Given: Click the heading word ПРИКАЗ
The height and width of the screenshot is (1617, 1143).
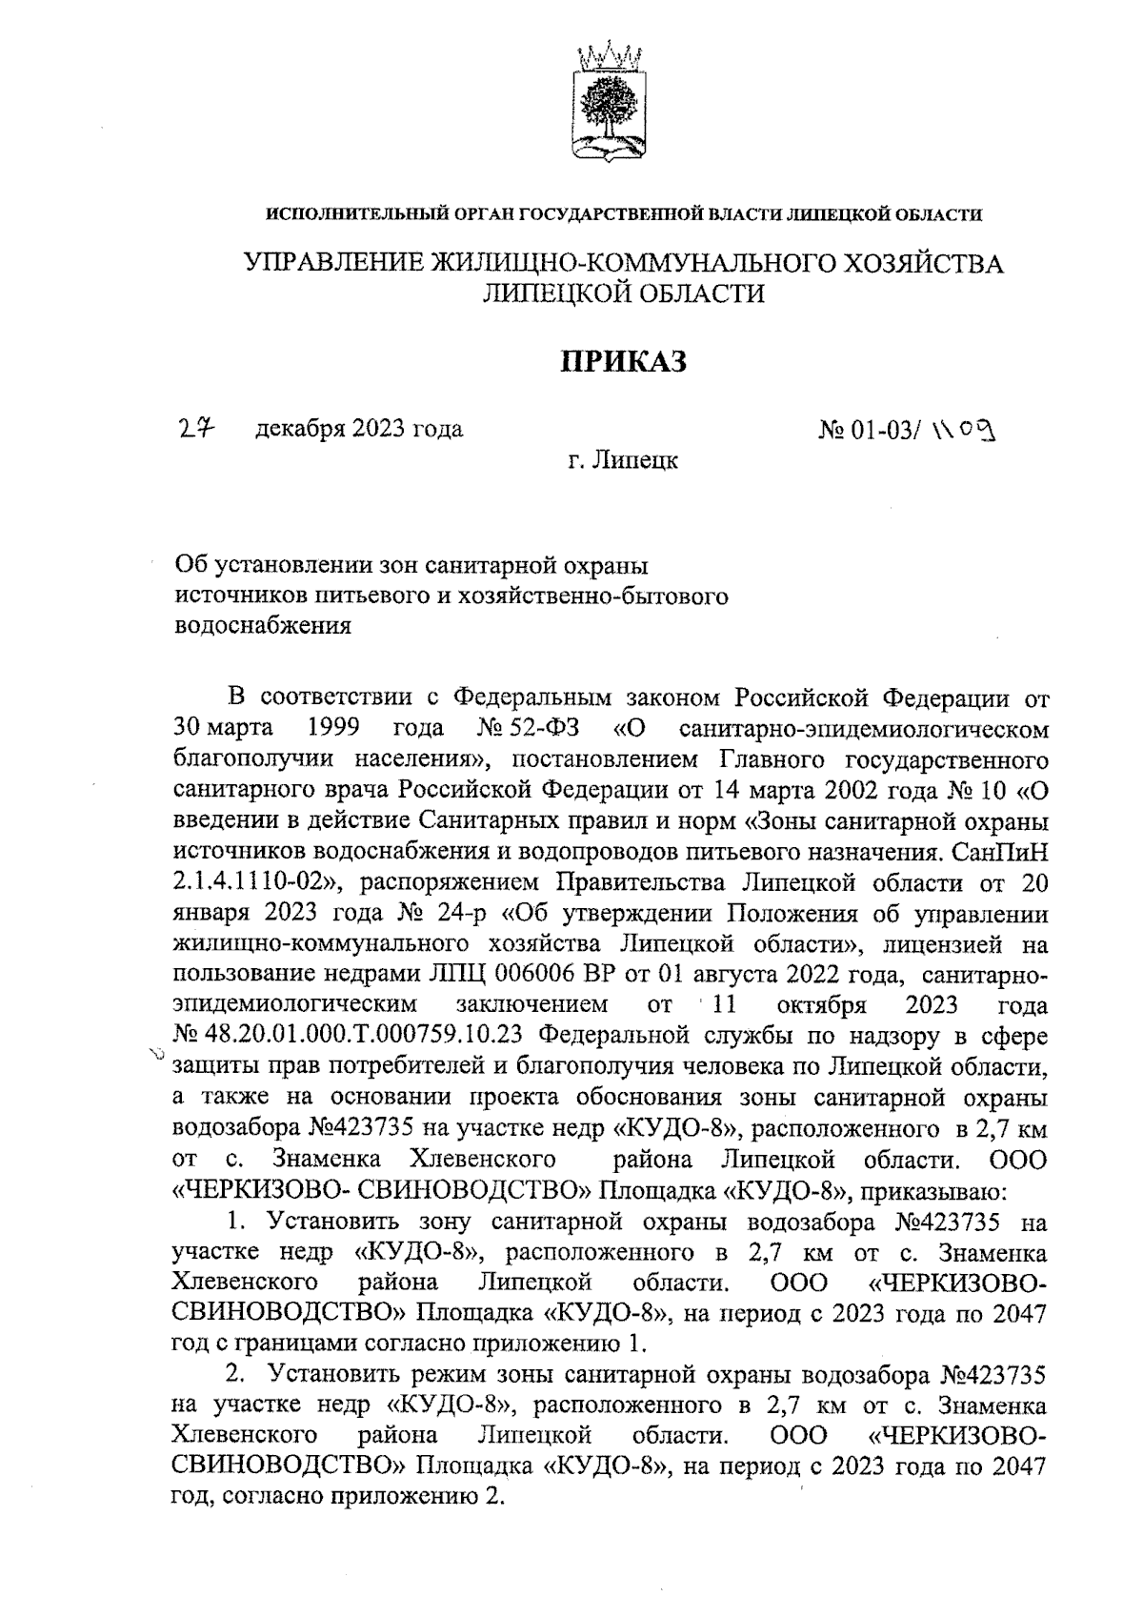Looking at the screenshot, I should coord(622,362).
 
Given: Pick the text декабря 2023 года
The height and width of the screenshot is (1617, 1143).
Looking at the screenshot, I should coord(359,430).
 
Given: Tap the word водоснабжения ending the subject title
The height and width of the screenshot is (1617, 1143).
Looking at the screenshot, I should coord(263,626).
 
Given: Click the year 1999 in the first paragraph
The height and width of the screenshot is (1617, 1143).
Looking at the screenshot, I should coord(333,729).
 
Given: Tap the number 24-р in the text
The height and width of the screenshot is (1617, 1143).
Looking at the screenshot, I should coord(457,913).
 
